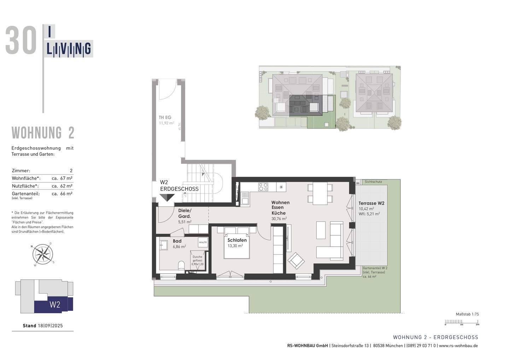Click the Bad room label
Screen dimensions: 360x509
pyautogui.click(x=177, y=241)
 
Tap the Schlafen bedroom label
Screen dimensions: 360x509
pyautogui.click(x=237, y=240)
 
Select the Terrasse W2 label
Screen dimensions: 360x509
pyautogui.click(x=371, y=203)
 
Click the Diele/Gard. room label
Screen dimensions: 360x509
pyautogui.click(x=185, y=213)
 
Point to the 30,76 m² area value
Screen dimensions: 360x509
pyautogui.click(x=279, y=219)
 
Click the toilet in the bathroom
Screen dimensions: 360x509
pyautogui.click(x=182, y=265)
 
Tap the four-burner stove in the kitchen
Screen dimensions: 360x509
pyautogui.click(x=263, y=187)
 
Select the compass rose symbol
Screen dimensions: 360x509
pyautogui.click(x=43, y=254)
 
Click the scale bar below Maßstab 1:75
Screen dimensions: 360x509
pyautogui.click(x=462, y=322)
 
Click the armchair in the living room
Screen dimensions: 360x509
pyautogui.click(x=296, y=261)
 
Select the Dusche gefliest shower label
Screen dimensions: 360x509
pyautogui.click(x=197, y=260)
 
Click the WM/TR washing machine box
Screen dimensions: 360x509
pyautogui.click(x=203, y=242)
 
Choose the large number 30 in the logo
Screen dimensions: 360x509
pyautogui.click(x=21, y=41)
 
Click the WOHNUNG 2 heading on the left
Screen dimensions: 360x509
pyautogui.click(x=43, y=133)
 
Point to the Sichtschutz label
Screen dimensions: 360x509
pyautogui.click(x=373, y=182)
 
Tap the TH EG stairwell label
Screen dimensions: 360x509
pyautogui.click(x=165, y=118)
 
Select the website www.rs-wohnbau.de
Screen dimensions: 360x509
pyautogui.click(x=458, y=346)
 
